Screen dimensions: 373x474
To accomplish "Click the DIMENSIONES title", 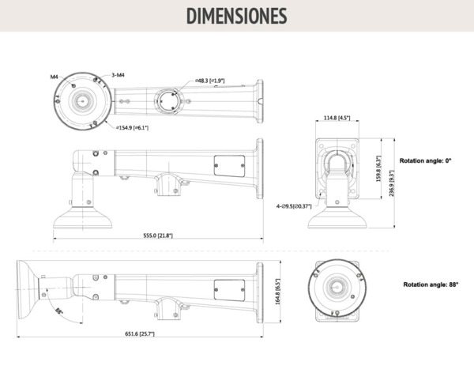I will (x=236, y=16).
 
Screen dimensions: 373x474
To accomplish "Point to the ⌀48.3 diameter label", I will (x=210, y=81).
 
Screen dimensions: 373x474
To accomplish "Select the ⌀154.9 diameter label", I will (x=133, y=127).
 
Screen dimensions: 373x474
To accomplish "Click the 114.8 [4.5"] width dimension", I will (x=337, y=119).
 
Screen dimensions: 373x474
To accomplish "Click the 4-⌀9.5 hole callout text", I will (x=292, y=206).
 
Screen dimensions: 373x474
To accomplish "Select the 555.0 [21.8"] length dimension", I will (x=158, y=235).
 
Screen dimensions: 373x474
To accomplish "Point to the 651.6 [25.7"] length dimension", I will (x=140, y=333).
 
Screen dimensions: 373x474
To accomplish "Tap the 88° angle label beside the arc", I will (x=59, y=312).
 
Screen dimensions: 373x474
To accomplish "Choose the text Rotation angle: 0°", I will (x=425, y=160).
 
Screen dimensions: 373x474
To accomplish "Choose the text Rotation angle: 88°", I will (x=431, y=284).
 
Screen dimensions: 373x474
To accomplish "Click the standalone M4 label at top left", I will (x=55, y=77).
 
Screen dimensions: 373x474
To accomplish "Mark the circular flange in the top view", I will (x=81, y=100).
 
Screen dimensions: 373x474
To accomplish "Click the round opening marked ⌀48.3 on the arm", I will (x=167, y=100).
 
